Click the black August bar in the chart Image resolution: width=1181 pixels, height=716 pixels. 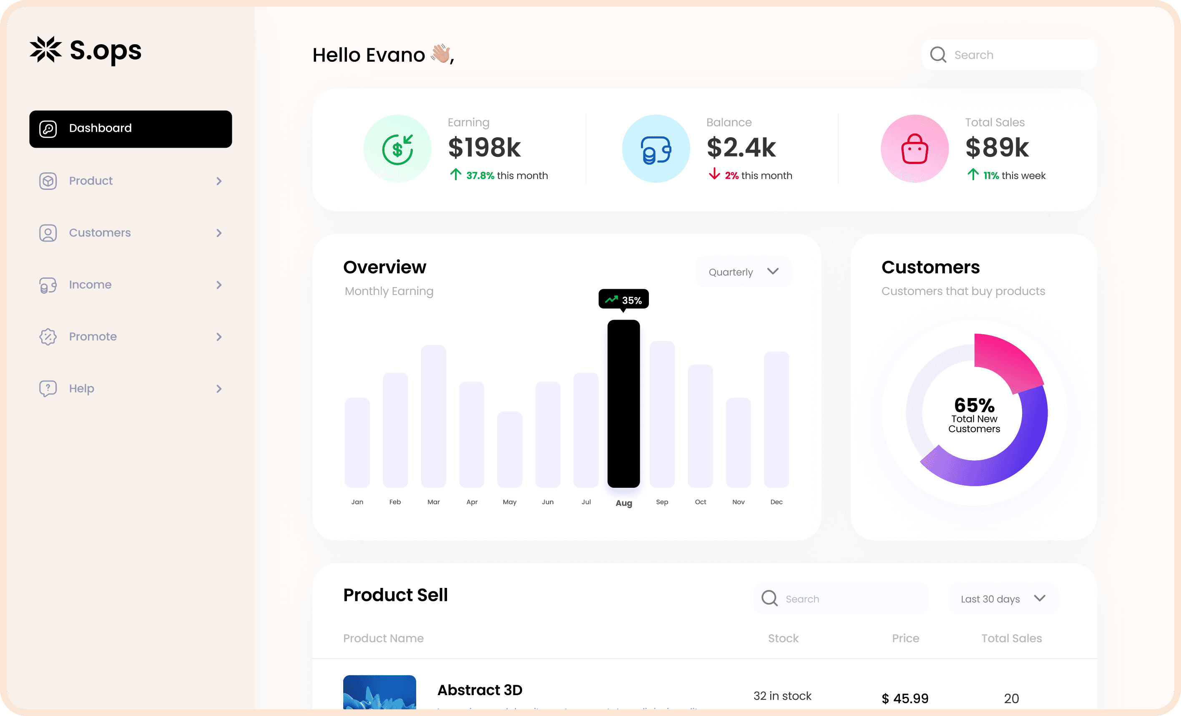point(623,404)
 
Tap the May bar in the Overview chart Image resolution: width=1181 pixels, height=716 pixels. point(509,449)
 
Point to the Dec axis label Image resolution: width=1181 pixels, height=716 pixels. point(776,502)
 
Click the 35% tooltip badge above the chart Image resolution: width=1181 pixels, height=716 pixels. point(623,300)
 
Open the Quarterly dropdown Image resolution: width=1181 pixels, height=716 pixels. point(743,272)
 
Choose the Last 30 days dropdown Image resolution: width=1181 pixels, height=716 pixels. point(1002,598)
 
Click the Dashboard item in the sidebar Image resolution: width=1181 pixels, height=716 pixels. point(131,129)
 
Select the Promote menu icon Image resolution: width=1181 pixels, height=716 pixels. point(48,337)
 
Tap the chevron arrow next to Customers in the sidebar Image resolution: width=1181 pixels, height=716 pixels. point(219,233)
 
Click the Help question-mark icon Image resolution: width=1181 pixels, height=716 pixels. point(48,388)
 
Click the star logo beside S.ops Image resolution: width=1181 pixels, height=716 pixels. point(45,49)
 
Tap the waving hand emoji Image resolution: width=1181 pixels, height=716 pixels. point(440,53)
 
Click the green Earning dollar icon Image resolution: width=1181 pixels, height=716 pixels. point(397,149)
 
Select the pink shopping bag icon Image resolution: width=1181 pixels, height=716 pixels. point(915,149)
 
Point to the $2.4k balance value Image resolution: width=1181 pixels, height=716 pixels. point(741,147)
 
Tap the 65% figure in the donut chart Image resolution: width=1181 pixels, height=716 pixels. point(974,405)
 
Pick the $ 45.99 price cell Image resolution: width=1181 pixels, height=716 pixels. point(905,698)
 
